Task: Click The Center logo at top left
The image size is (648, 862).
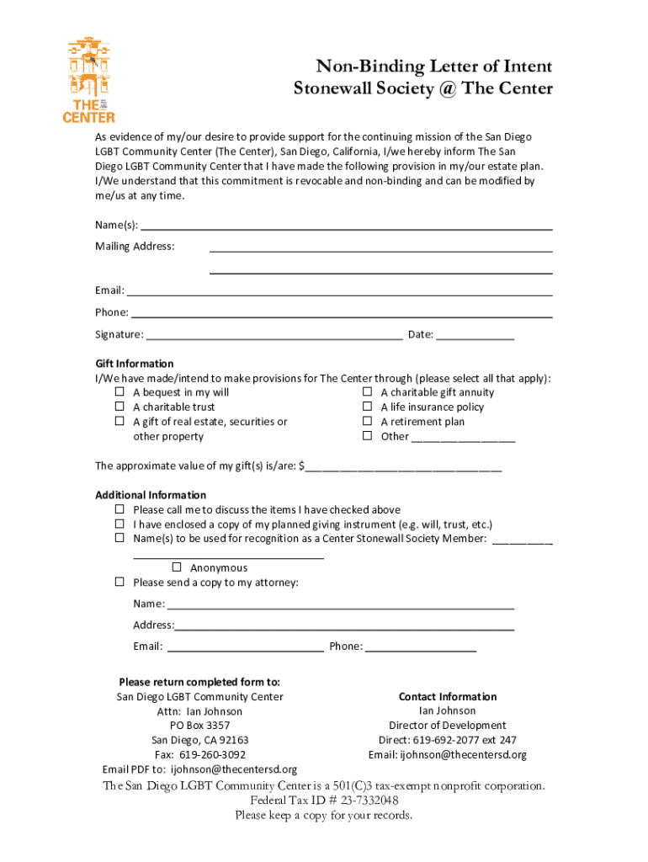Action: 89,80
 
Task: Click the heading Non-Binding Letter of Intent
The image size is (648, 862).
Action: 433,67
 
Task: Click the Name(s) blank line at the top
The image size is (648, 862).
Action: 345,225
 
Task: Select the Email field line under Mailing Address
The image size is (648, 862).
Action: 338,290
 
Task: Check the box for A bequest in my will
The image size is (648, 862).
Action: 120,392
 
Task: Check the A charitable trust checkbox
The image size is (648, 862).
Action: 120,407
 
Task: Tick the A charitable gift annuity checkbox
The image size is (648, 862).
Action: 367,392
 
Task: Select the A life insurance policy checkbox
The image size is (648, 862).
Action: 367,407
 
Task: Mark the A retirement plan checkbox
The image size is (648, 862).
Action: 367,422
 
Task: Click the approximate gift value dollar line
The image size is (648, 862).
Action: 403,466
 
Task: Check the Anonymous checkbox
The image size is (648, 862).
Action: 177,567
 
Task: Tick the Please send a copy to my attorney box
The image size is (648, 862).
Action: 120,583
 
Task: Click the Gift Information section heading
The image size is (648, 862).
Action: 135,364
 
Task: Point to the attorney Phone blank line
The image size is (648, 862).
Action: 421,647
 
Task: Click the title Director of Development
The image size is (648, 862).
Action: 447,726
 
